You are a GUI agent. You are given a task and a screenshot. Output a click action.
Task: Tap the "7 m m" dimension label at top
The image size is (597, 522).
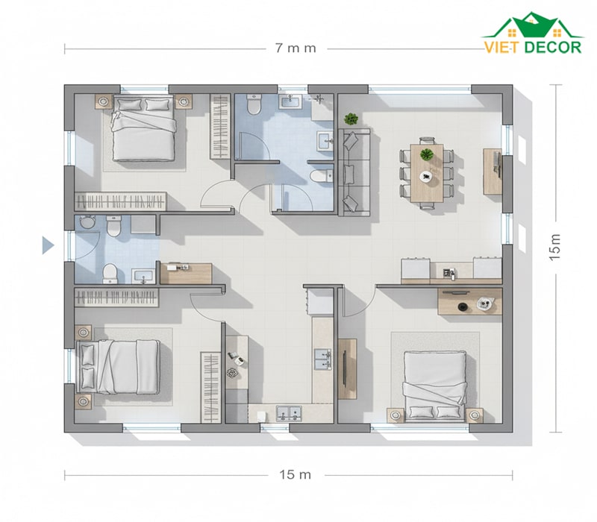(x=296, y=48)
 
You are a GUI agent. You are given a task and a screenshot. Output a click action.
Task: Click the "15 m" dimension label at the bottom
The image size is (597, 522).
(x=295, y=475)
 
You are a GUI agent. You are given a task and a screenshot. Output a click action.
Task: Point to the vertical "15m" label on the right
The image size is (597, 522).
(x=555, y=247)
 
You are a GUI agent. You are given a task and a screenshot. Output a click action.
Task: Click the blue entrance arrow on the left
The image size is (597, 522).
(x=48, y=245)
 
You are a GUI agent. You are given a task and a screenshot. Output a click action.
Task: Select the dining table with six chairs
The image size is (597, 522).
(x=427, y=173)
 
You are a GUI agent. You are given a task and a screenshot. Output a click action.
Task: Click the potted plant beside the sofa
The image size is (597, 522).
(x=351, y=119)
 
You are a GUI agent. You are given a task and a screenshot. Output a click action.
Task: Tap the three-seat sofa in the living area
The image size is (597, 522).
(x=354, y=172)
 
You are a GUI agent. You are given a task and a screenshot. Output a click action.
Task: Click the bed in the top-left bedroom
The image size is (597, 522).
(x=144, y=128)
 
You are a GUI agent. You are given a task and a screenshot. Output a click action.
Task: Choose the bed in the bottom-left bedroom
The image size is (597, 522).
(x=118, y=367)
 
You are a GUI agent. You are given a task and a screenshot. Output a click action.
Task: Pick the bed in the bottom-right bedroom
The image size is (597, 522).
(x=435, y=386)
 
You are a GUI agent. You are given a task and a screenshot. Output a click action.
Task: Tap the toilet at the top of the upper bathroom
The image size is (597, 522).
(x=254, y=104)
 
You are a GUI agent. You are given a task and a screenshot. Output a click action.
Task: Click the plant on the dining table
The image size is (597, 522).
(x=427, y=154)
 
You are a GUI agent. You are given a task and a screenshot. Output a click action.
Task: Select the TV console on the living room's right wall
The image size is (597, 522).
(x=493, y=172)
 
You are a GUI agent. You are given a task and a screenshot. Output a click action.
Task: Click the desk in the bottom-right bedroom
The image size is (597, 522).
(x=470, y=301)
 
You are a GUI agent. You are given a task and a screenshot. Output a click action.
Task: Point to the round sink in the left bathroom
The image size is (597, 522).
(x=87, y=221)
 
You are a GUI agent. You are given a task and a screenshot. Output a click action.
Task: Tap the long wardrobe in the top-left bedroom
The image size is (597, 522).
(x=121, y=201)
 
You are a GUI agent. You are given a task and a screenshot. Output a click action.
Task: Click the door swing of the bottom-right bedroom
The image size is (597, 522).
(x=360, y=302)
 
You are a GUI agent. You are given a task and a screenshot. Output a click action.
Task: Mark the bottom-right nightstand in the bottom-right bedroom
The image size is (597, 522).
(x=474, y=415)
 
